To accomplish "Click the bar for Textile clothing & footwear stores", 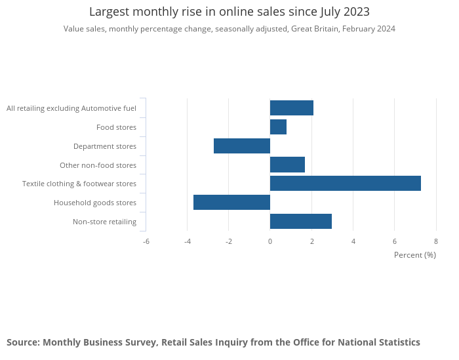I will click(345, 184).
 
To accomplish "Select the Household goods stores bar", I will click(231, 203).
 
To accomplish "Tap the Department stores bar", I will click(242, 146).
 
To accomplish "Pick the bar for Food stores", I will click(278, 127).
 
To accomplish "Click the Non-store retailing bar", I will click(300, 222).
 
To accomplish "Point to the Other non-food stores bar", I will click(287, 165).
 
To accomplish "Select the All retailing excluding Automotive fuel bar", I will click(291, 108).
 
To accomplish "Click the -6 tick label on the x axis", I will click(146, 241).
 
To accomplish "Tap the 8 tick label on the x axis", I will click(436, 241).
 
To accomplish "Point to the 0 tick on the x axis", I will click(270, 241).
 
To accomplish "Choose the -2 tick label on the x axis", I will click(229, 241).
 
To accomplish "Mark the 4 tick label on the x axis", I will click(353, 241).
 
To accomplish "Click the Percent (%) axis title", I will click(414, 254).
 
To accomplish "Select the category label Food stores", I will click(116, 127).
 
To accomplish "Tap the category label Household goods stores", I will click(95, 203).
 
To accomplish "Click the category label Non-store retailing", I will click(104, 222).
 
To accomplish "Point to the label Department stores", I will click(105, 146).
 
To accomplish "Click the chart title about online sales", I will click(229, 12).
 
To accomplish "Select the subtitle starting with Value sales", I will click(229, 29).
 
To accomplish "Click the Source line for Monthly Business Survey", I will click(213, 342).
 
